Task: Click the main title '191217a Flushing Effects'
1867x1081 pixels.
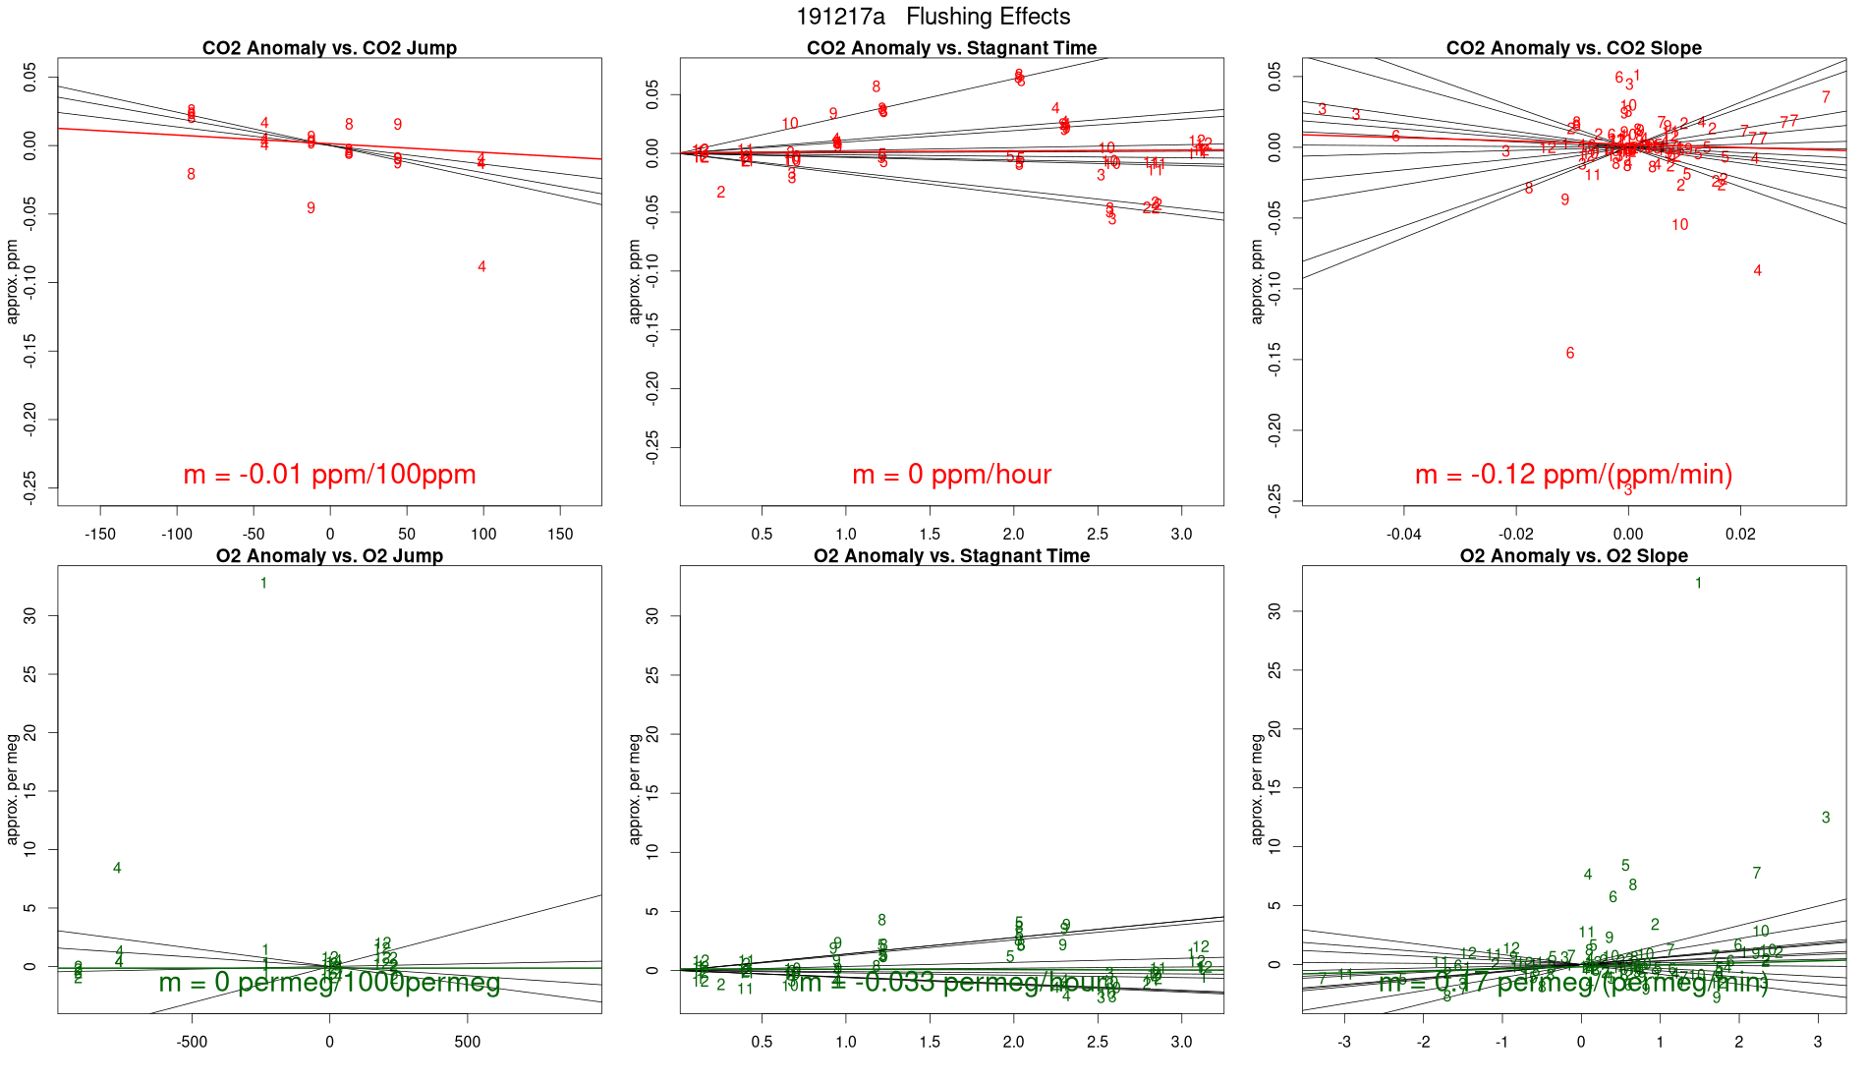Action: click(x=933, y=17)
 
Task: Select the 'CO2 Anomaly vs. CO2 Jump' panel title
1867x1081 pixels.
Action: click(x=329, y=48)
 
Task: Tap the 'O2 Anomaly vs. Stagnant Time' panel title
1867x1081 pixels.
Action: click(x=951, y=556)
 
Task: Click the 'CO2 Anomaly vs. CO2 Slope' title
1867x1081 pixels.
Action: click(x=1573, y=48)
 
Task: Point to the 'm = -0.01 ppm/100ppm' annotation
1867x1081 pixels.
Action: click(x=329, y=475)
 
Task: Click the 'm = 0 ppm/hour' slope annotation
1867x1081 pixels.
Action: click(x=951, y=475)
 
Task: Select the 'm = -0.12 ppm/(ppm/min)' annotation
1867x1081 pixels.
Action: click(x=1573, y=475)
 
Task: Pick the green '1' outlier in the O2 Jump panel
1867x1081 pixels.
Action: click(x=263, y=584)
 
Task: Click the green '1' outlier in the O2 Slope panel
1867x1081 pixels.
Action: click(x=1698, y=584)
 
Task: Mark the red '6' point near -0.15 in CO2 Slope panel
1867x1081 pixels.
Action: click(x=1570, y=354)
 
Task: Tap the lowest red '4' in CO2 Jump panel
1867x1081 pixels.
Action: click(x=481, y=267)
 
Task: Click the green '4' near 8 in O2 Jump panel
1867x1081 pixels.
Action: click(x=117, y=869)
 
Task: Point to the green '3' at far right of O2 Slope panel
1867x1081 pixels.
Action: click(x=1826, y=818)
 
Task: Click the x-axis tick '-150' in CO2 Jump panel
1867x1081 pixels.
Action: click(x=100, y=535)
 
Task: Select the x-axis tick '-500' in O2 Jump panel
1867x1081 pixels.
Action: click(x=192, y=1042)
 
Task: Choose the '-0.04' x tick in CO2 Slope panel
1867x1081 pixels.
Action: click(x=1404, y=535)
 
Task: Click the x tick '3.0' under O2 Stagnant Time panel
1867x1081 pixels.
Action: click(x=1181, y=1042)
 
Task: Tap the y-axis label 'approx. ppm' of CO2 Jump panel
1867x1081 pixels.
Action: click(x=13, y=281)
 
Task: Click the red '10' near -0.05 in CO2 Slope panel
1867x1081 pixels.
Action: click(x=1680, y=225)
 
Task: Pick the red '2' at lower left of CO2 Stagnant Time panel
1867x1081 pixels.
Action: click(x=721, y=193)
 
